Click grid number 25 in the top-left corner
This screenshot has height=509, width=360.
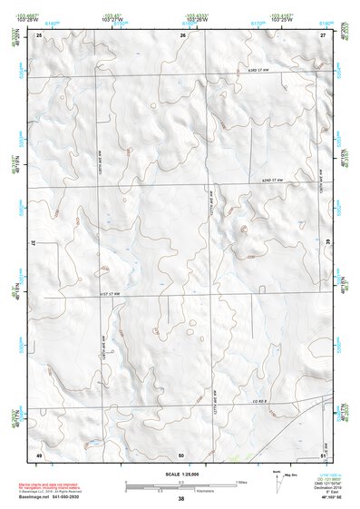(x=39, y=34)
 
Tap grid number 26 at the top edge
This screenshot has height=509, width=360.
(x=182, y=34)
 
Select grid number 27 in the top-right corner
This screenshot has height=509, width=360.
(x=323, y=34)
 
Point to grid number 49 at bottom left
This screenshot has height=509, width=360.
(x=39, y=453)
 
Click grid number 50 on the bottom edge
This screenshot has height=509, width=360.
(x=181, y=453)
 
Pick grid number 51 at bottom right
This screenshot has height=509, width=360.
(x=323, y=453)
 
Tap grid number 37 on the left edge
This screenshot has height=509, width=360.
(x=34, y=244)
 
